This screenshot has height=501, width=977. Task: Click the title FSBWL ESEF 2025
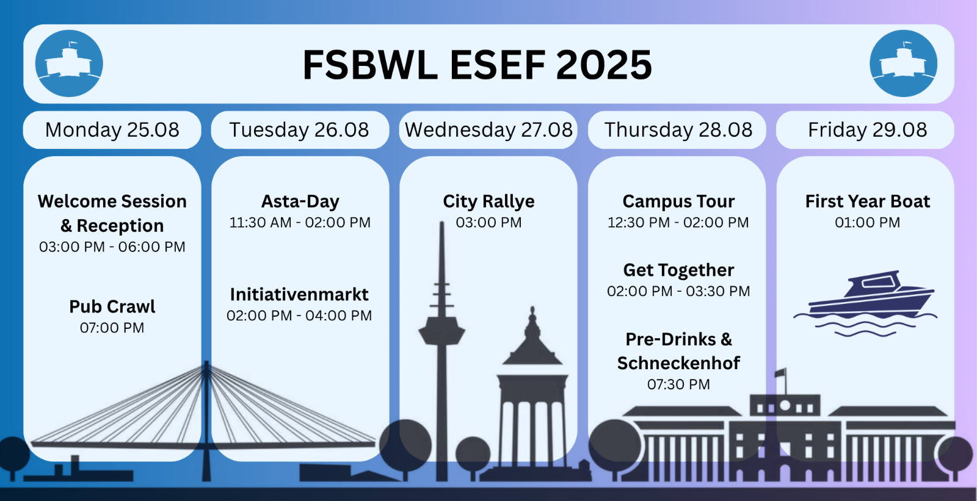pyautogui.click(x=477, y=65)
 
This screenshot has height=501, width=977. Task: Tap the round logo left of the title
pyautogui.click(x=69, y=63)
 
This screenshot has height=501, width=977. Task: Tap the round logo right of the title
pyautogui.click(x=903, y=63)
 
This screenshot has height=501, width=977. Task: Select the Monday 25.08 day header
pyautogui.click(x=112, y=130)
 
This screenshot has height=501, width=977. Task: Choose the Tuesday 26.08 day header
pyautogui.click(x=300, y=130)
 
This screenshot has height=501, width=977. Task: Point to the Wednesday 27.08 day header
pyautogui.click(x=488, y=130)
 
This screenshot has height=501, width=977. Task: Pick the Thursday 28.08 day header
pyautogui.click(x=677, y=130)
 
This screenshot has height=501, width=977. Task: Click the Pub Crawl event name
pyautogui.click(x=112, y=306)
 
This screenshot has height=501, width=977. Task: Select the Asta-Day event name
pyautogui.click(x=300, y=201)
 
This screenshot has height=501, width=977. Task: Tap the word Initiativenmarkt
pyautogui.click(x=299, y=294)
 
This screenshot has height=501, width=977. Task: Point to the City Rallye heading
pyautogui.click(x=488, y=201)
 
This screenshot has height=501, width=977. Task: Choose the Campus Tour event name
pyautogui.click(x=678, y=201)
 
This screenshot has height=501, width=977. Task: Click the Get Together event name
pyautogui.click(x=678, y=270)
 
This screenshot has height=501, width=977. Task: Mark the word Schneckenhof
pyautogui.click(x=678, y=362)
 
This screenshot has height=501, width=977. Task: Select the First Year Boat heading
pyautogui.click(x=868, y=201)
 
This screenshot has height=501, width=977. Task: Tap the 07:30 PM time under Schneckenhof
pyautogui.click(x=678, y=384)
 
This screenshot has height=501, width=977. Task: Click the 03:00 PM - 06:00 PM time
pyautogui.click(x=112, y=247)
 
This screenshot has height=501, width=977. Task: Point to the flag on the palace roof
pyautogui.click(x=780, y=373)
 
